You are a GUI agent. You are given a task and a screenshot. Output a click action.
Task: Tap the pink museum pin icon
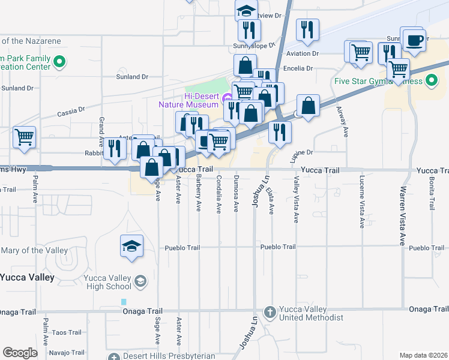[226, 98]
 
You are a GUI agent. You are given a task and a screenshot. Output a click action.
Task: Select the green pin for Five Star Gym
[432, 80]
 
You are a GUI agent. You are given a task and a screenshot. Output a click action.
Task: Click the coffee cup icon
[414, 41]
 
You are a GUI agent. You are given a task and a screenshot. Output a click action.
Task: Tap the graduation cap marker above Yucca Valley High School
[132, 247]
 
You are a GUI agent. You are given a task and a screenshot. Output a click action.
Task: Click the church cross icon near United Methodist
[270, 312]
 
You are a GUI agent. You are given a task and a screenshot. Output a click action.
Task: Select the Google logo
[20, 353]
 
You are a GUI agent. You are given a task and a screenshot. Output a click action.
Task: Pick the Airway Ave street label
[343, 122]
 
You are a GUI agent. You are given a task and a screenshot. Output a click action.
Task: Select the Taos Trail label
[67, 332]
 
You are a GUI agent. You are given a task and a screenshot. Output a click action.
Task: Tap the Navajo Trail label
[67, 352]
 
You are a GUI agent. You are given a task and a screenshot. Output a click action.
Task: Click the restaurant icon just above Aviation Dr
[307, 30]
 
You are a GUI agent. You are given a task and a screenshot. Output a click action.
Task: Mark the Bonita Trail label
[432, 188]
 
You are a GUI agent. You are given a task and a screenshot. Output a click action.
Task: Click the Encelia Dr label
[298, 68]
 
